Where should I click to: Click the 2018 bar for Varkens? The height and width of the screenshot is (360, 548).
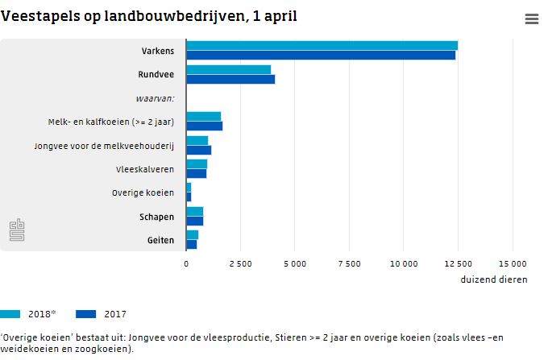(x=322, y=46)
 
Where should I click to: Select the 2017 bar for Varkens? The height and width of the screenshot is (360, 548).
(x=321, y=56)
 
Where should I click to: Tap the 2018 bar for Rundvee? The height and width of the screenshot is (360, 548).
(x=228, y=70)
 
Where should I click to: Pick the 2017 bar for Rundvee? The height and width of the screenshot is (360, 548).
(x=230, y=79)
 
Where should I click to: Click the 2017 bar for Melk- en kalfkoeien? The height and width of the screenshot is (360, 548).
(x=204, y=126)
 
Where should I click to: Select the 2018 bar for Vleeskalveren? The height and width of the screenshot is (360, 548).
(x=197, y=163)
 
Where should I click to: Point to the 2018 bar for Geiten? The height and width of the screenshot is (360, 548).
(x=192, y=234)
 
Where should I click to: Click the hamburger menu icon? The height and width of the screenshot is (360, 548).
(x=531, y=19)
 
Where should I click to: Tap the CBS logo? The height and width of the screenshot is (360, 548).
(x=17, y=230)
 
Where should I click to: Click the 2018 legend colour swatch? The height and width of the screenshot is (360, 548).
(x=10, y=314)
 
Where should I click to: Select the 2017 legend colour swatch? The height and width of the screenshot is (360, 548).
(x=85, y=314)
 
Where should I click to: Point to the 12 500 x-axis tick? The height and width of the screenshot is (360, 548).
(x=458, y=263)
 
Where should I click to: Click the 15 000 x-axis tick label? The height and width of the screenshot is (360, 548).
(x=513, y=263)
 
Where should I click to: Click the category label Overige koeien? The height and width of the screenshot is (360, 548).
(x=143, y=193)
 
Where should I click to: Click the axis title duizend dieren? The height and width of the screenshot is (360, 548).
(x=494, y=279)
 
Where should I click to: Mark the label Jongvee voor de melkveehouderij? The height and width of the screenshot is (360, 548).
(x=104, y=146)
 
